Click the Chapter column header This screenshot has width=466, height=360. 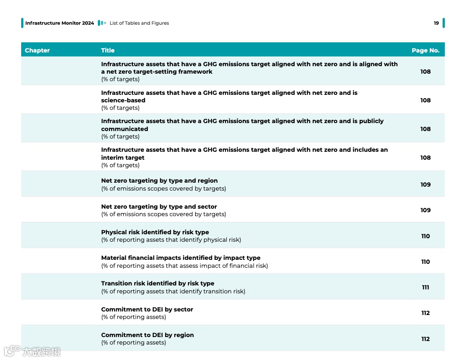(x=37, y=50)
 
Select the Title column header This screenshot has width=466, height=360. (x=108, y=50)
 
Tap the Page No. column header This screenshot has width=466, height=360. (x=425, y=50)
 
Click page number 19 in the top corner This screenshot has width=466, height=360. (x=436, y=23)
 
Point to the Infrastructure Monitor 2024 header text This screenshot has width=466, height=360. (x=60, y=23)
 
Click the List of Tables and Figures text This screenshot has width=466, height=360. (x=139, y=23)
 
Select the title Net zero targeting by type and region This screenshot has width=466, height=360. (x=159, y=180)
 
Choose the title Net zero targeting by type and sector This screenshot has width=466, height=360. (x=159, y=206)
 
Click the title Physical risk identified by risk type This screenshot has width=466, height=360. (x=155, y=232)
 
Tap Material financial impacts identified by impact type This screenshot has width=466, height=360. (x=180, y=258)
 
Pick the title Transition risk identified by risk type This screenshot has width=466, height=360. (x=158, y=283)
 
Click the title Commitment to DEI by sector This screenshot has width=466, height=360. (x=147, y=309)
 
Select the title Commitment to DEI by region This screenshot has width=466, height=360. (x=147, y=335)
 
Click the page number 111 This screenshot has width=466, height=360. (x=425, y=287)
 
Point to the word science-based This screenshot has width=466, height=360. (x=123, y=100)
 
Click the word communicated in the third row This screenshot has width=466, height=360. (x=124, y=129)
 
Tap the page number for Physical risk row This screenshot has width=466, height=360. (x=425, y=236)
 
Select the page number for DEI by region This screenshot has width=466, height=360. (x=425, y=339)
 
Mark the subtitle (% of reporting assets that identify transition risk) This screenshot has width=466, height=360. (x=173, y=291)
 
